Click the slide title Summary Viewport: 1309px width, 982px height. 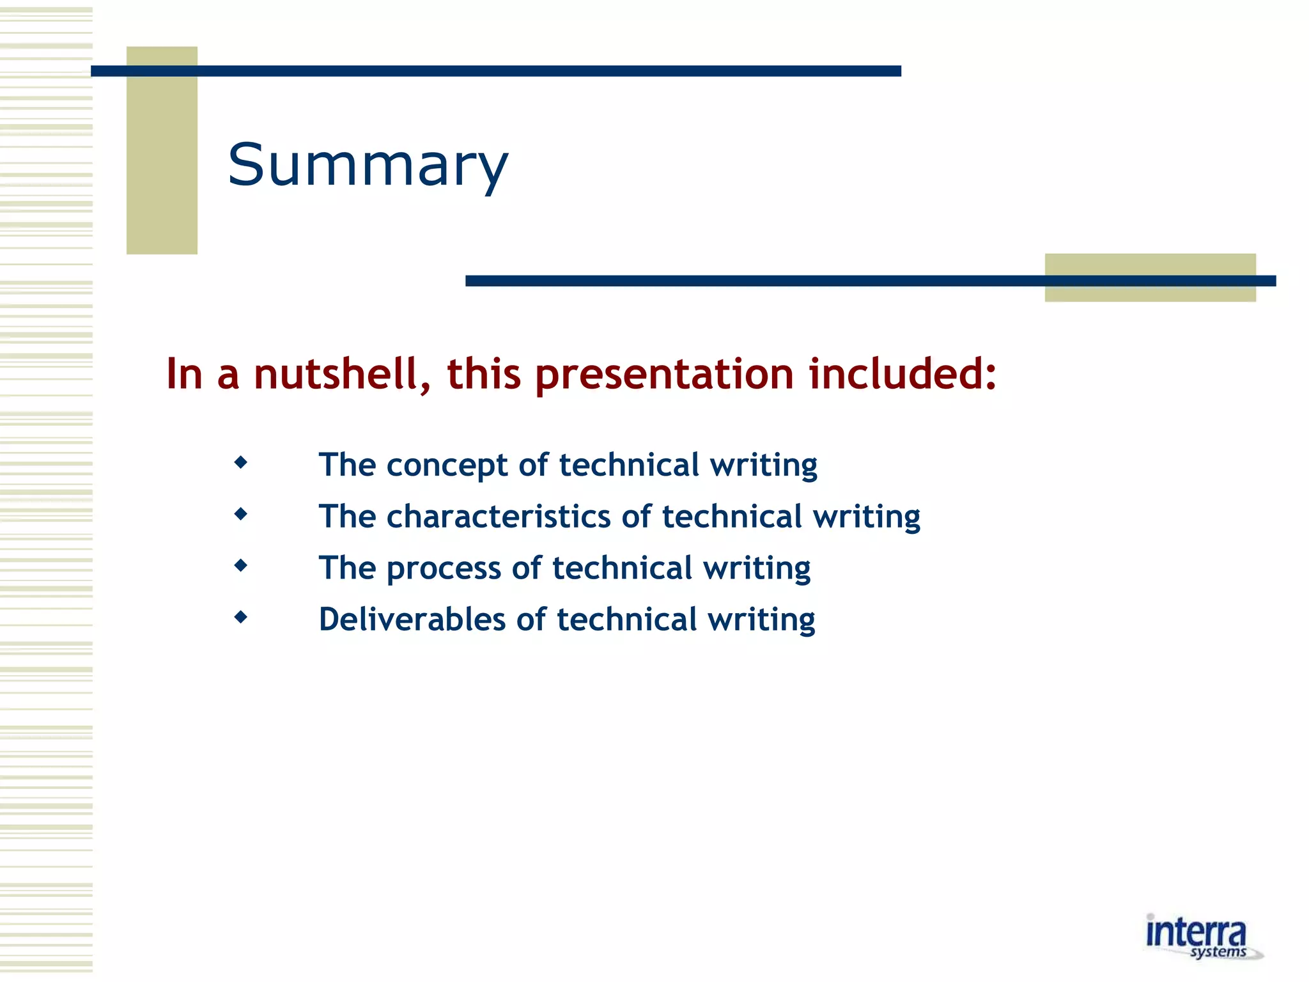(x=368, y=165)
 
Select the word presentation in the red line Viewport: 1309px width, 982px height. (x=664, y=374)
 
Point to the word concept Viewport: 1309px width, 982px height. (x=447, y=465)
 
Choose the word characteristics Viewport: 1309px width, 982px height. (x=499, y=517)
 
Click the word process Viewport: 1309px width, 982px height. (x=444, y=568)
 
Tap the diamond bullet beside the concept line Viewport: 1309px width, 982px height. (x=241, y=462)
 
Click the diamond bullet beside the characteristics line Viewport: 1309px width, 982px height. (x=241, y=513)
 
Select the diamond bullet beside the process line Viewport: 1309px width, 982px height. (x=241, y=565)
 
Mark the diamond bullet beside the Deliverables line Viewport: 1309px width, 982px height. (x=241, y=617)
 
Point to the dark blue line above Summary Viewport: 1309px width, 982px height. (x=495, y=71)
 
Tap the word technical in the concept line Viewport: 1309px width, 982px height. (x=629, y=465)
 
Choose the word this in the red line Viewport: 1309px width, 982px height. (x=484, y=374)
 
